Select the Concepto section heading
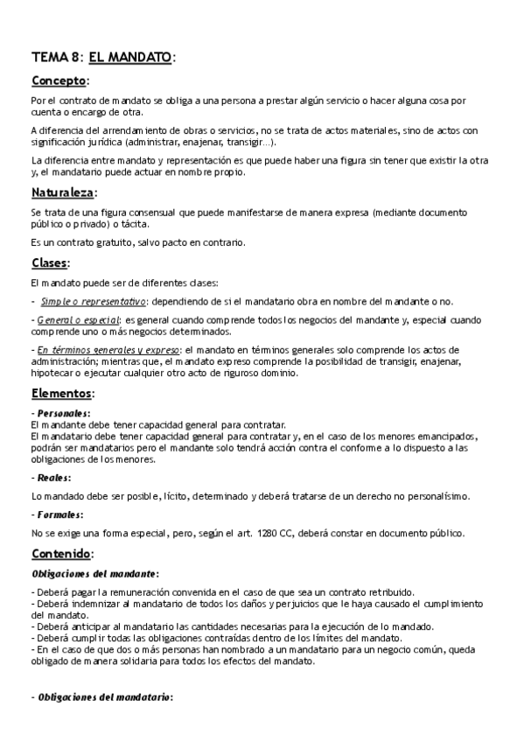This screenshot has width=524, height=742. coord(59,81)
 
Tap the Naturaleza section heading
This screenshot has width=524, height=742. coord(63,192)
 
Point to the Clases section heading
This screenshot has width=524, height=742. coord(49,263)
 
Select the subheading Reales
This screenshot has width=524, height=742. coord(53,478)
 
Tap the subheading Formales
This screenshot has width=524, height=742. coord(59,514)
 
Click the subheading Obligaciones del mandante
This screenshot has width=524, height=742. coord(94,573)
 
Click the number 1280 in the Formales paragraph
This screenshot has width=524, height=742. coord(270,533)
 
